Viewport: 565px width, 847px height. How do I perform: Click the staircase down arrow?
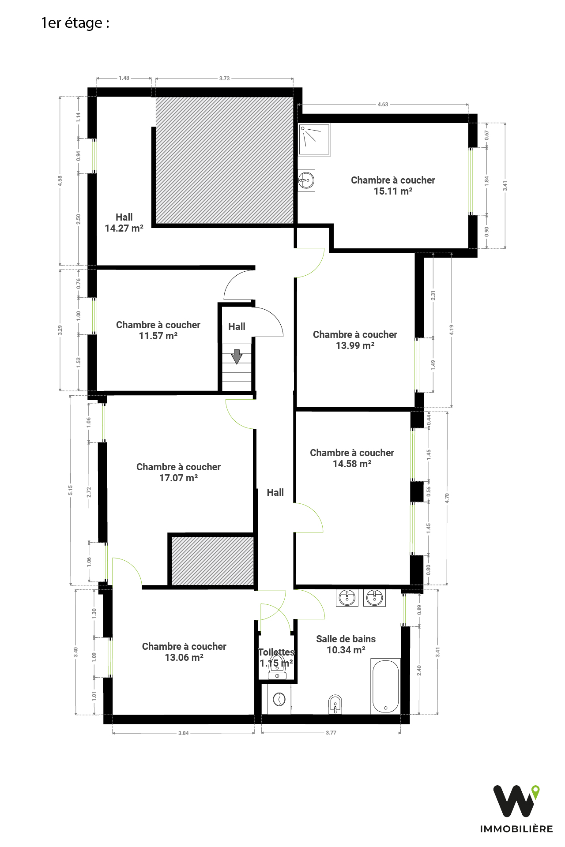coord(237,356)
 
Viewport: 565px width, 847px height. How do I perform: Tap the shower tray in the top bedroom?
coord(314,140)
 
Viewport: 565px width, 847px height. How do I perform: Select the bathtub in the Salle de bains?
coord(386,686)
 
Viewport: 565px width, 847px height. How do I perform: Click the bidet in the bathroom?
coord(335,704)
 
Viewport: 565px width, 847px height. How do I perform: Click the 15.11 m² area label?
coord(393,191)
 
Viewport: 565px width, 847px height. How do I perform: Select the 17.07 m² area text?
coord(178,478)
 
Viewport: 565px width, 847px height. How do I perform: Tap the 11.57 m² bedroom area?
coord(158,336)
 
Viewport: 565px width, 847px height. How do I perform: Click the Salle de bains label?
coord(346,639)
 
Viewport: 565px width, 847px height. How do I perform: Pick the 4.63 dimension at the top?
coord(383,105)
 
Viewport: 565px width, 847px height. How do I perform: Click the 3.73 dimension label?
coord(224,79)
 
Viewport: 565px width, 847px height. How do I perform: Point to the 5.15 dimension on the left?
coord(71,490)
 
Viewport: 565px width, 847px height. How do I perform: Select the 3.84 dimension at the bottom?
coord(183,733)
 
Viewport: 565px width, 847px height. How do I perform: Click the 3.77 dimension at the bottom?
coord(331,733)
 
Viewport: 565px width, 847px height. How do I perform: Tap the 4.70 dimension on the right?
coord(447,498)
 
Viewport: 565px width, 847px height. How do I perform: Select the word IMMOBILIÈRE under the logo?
coord(516,829)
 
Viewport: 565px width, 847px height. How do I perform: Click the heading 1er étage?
coord(75,23)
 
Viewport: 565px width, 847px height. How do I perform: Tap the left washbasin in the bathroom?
coord(347,598)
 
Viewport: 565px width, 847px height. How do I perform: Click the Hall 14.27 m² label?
coord(124,223)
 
